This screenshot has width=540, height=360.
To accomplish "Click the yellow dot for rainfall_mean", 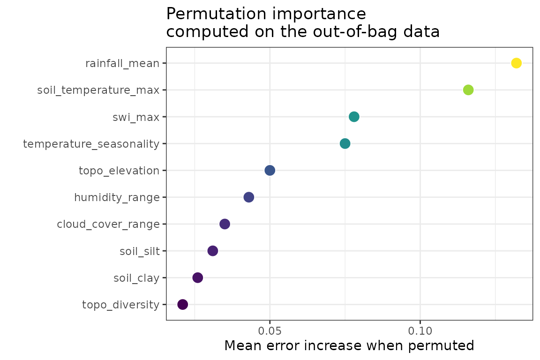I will [x=516, y=63].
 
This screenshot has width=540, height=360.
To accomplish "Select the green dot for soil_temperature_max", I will [x=468, y=90].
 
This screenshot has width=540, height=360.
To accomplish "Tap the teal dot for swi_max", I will [x=354, y=117].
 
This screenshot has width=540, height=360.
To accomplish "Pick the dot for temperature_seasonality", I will [x=345, y=143].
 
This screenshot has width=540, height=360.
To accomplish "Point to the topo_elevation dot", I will [x=270, y=170].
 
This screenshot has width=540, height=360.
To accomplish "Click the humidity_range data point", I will [x=249, y=197].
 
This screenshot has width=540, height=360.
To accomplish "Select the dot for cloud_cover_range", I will [x=225, y=224].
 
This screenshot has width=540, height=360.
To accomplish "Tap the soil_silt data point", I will [x=213, y=251].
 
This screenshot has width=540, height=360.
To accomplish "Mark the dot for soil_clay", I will [x=198, y=278].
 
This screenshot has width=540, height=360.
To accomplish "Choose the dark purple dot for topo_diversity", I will [x=183, y=305].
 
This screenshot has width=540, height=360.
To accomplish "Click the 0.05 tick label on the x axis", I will [x=270, y=331].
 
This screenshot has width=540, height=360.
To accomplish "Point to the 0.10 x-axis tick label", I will [x=420, y=331].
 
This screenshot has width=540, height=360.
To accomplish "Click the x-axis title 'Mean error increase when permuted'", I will [x=349, y=346].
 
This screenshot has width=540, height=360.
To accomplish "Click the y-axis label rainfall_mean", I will [x=122, y=63].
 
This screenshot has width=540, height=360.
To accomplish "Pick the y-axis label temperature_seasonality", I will [x=91, y=144].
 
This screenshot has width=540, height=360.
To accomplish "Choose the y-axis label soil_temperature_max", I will [x=98, y=90].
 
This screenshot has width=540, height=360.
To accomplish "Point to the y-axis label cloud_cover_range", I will [x=108, y=225].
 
